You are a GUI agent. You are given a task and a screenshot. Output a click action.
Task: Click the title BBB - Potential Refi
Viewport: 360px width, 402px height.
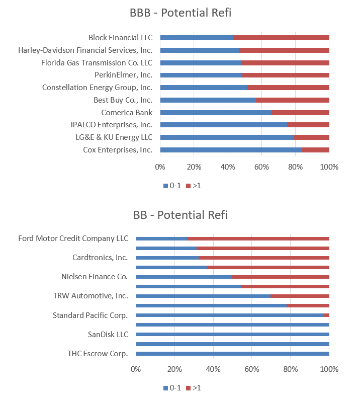pos(180,13)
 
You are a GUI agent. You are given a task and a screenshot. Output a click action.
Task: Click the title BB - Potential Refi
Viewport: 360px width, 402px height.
pos(180,215)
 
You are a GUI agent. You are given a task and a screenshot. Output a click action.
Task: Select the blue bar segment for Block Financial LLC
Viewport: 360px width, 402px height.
pos(196,38)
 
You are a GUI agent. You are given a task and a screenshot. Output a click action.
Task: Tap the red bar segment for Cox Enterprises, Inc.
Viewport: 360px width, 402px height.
pos(316,150)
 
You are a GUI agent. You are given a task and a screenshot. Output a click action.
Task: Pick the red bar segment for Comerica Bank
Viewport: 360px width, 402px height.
pos(300,113)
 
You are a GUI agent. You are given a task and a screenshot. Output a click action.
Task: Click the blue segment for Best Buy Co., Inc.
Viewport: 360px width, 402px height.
pos(208,100)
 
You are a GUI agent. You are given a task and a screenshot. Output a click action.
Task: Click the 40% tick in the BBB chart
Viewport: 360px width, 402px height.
pos(228,167)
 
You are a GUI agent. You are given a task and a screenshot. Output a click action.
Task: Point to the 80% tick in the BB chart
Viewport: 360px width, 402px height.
pos(290,369)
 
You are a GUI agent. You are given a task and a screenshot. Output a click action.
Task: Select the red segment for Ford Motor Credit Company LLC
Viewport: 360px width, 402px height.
pos(258,238)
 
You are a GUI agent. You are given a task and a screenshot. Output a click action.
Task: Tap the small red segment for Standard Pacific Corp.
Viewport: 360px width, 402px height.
pos(326,315)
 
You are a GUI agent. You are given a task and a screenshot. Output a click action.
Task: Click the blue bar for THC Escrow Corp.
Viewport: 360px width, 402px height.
pos(232,354)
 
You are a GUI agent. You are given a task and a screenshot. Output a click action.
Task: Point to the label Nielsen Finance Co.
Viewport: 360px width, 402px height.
pos(95,276)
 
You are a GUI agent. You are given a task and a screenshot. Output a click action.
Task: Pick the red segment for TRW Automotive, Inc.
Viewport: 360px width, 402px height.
pos(300,296)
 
